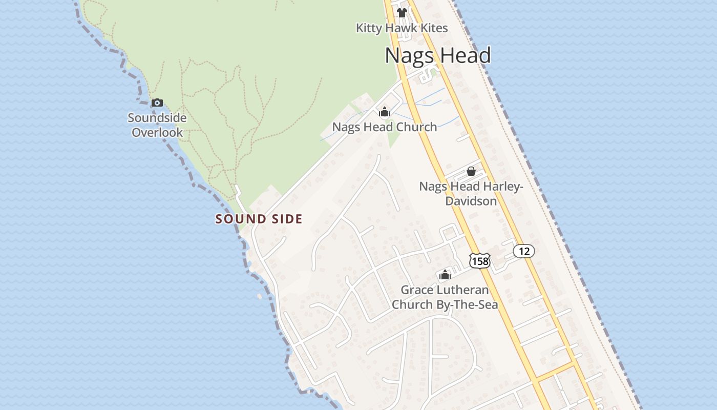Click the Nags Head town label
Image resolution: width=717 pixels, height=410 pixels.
click(438, 55)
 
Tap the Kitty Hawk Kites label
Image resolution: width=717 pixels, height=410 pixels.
click(402, 28)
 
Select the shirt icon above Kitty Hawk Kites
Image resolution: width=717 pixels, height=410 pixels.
click(402, 13)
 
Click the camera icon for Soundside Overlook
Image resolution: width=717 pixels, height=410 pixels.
click(157, 102)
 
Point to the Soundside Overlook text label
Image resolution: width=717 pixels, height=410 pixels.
click(157, 125)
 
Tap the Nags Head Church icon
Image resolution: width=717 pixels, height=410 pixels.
click(385, 112)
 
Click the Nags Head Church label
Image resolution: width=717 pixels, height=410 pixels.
click(385, 127)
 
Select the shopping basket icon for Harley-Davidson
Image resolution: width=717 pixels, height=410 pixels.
click(471, 171)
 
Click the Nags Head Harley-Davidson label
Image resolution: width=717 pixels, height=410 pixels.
click(471, 194)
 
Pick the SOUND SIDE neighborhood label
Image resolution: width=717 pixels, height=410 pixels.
click(259, 219)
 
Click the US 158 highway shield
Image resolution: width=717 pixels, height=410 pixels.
click(479, 261)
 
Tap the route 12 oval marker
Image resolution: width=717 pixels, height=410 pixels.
click(524, 251)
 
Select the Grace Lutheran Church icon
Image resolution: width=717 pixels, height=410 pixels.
click(445, 275)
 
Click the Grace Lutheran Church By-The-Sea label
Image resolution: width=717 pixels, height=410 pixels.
click(445, 297)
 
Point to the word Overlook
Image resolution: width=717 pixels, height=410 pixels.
click(157, 133)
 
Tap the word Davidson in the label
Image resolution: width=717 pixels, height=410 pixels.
click(471, 201)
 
